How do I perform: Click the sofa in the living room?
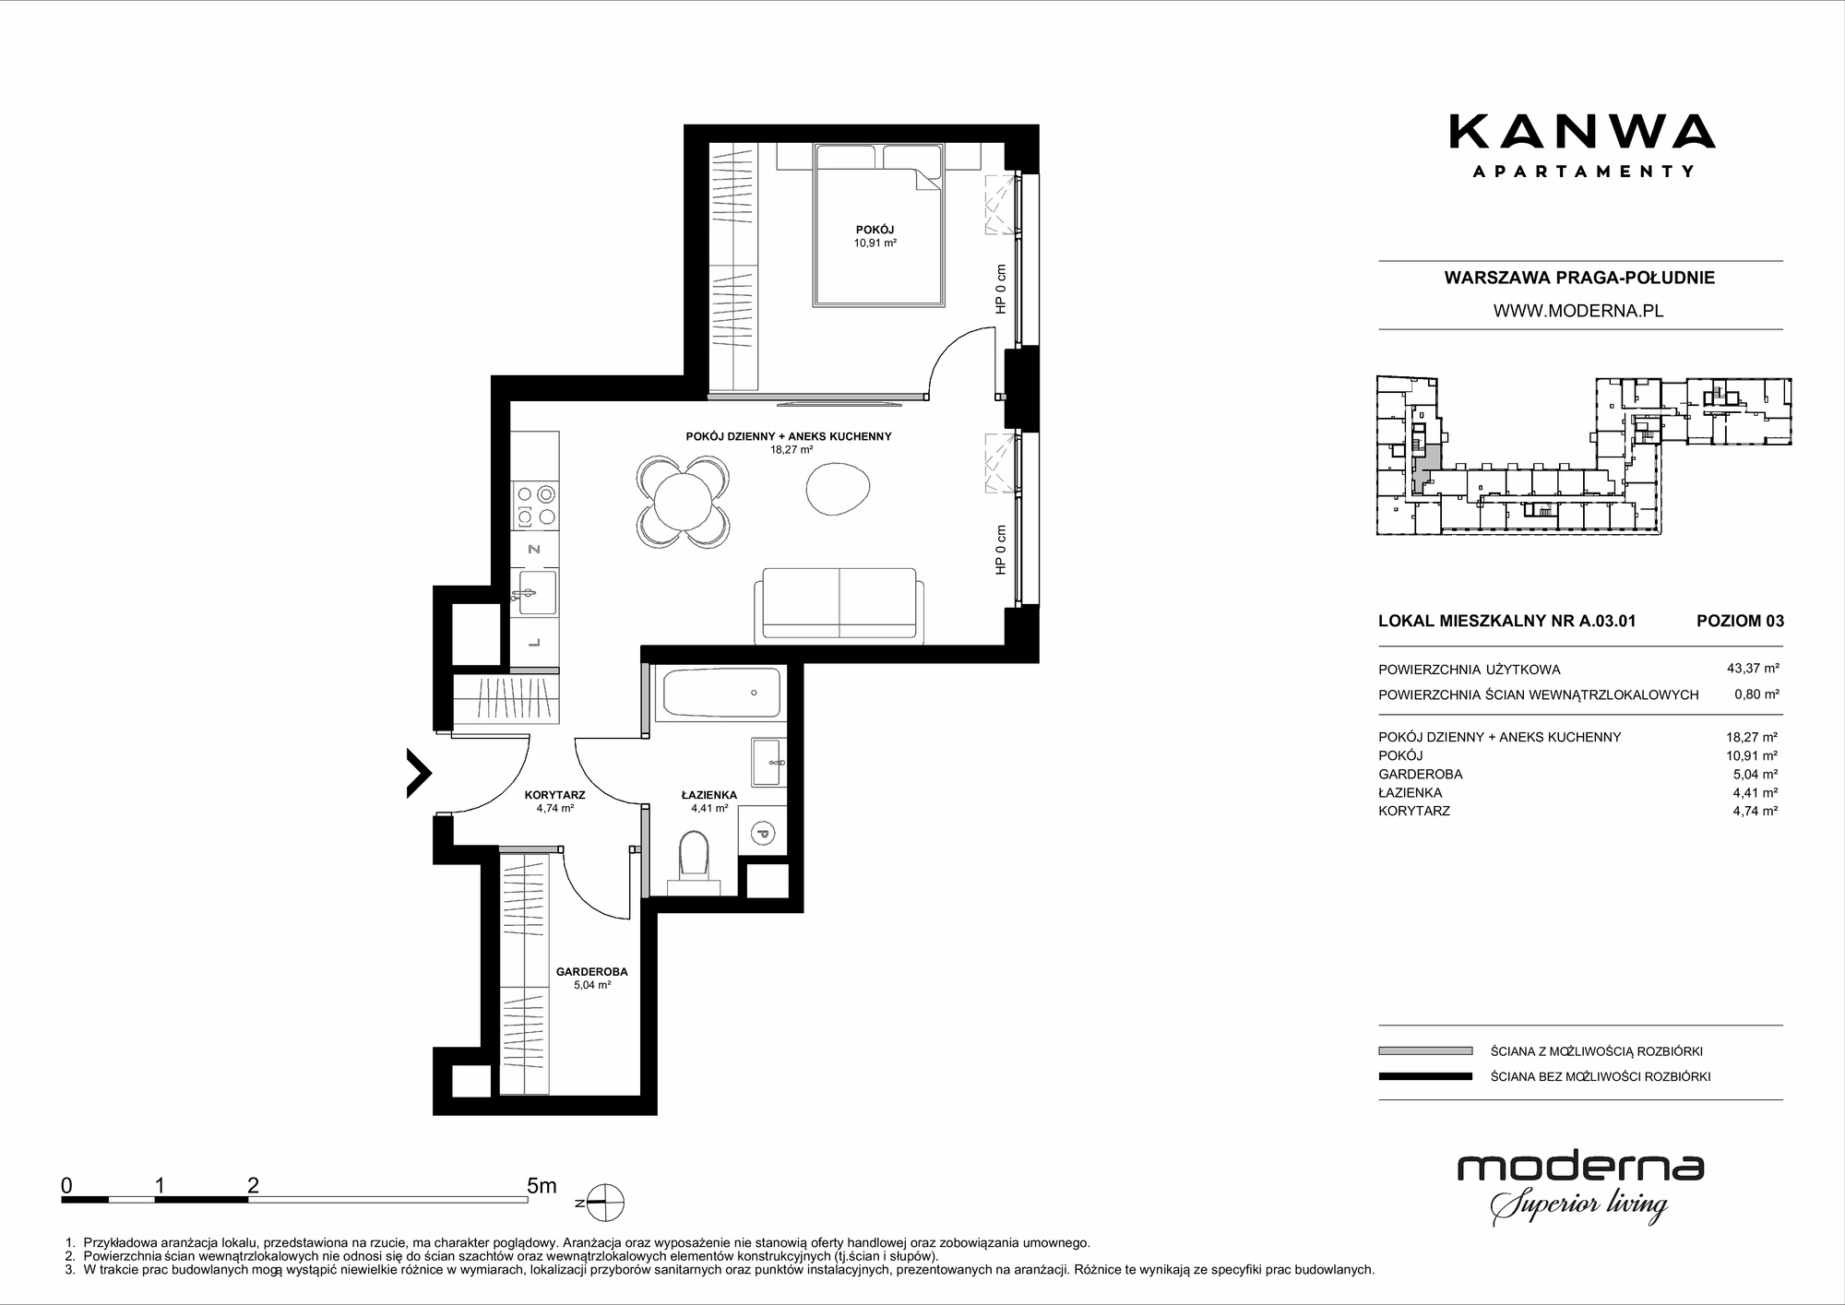839,605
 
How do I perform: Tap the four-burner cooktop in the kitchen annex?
535,505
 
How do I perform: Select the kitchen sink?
536,591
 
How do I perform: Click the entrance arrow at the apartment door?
419,773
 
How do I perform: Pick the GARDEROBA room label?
591,972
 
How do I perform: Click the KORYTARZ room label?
554,795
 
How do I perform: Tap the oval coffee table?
838,488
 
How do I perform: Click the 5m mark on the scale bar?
542,1185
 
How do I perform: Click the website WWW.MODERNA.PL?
1578,311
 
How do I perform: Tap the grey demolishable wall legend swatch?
1425,1050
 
